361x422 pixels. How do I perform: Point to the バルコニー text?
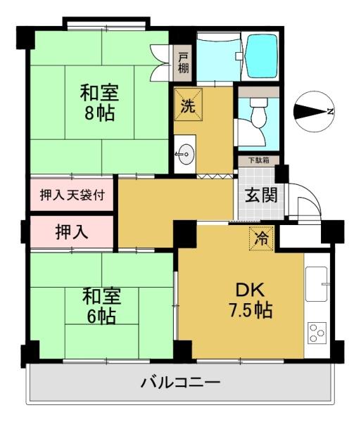point(181,383)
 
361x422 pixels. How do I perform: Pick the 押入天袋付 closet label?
point(68,194)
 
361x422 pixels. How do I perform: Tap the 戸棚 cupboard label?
point(183,62)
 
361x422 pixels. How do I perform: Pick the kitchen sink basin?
point(317,283)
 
